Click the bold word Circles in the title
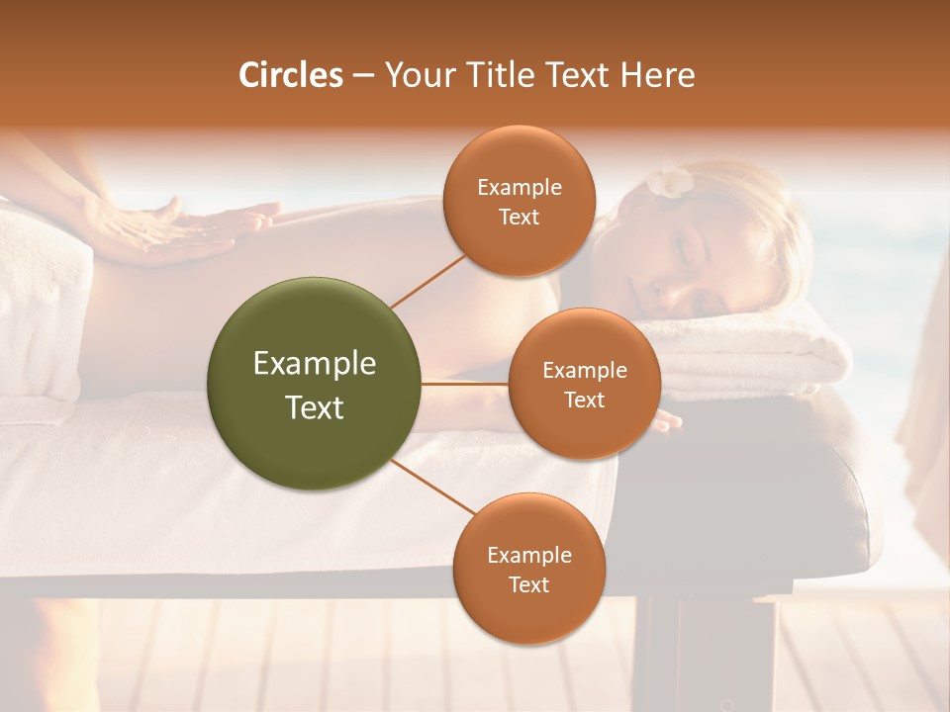point(291,75)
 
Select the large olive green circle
point(315,384)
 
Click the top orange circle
point(520,201)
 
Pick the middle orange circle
point(584,384)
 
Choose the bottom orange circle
point(528,569)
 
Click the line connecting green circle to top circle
point(428,281)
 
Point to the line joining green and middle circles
point(465,384)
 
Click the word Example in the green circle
point(315,364)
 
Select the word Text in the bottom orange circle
point(528,584)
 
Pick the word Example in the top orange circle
point(520,187)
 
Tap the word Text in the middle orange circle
point(584,400)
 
